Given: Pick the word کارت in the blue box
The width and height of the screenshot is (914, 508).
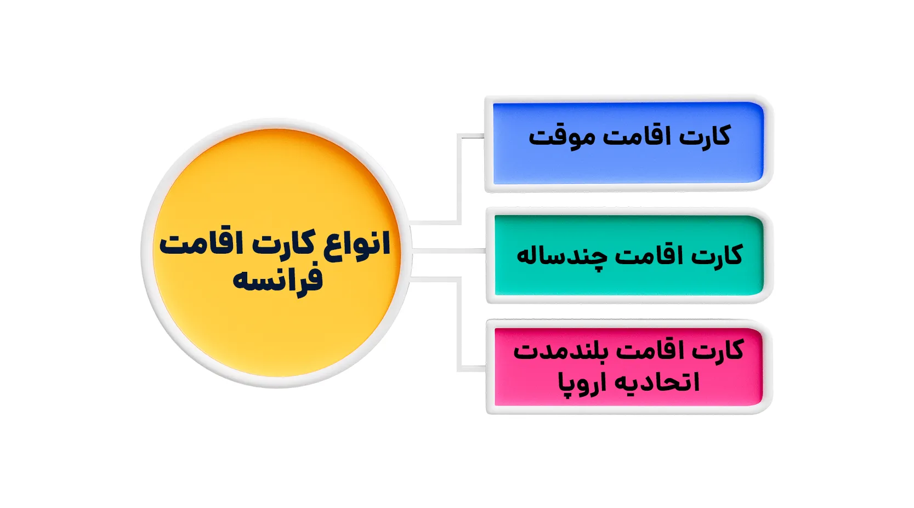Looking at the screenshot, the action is (x=704, y=136).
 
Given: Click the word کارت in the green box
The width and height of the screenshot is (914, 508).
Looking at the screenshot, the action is (x=717, y=255).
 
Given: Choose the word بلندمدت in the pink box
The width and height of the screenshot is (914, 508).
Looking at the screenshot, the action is (x=559, y=351).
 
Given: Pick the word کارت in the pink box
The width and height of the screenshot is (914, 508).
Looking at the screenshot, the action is (x=719, y=350).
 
